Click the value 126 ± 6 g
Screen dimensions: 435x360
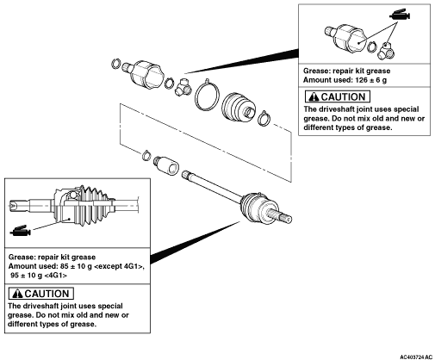tap(370, 80)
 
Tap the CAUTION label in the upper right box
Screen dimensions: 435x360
tap(338, 96)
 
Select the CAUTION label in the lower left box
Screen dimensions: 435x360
tap(41, 294)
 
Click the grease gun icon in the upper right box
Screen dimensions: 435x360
tap(400, 15)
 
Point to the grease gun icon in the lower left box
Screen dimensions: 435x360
tap(20, 231)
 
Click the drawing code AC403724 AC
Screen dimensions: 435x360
tap(416, 357)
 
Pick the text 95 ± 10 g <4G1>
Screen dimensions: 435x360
tap(39, 276)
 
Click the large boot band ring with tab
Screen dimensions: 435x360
tap(207, 95)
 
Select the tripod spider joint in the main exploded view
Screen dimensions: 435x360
tap(183, 88)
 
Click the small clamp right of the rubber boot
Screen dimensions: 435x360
tap(264, 118)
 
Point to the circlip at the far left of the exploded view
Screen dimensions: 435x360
tap(115, 64)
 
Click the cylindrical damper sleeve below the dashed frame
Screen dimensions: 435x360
tap(166, 165)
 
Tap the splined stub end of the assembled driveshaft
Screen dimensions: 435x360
tap(281, 216)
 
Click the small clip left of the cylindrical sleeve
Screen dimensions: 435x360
tap(146, 155)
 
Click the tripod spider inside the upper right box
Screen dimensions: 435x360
tap(387, 51)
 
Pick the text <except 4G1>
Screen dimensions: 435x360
tap(119, 266)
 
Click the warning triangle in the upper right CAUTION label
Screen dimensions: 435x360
tap(314, 97)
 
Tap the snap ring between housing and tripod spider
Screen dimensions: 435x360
tap(169, 83)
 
